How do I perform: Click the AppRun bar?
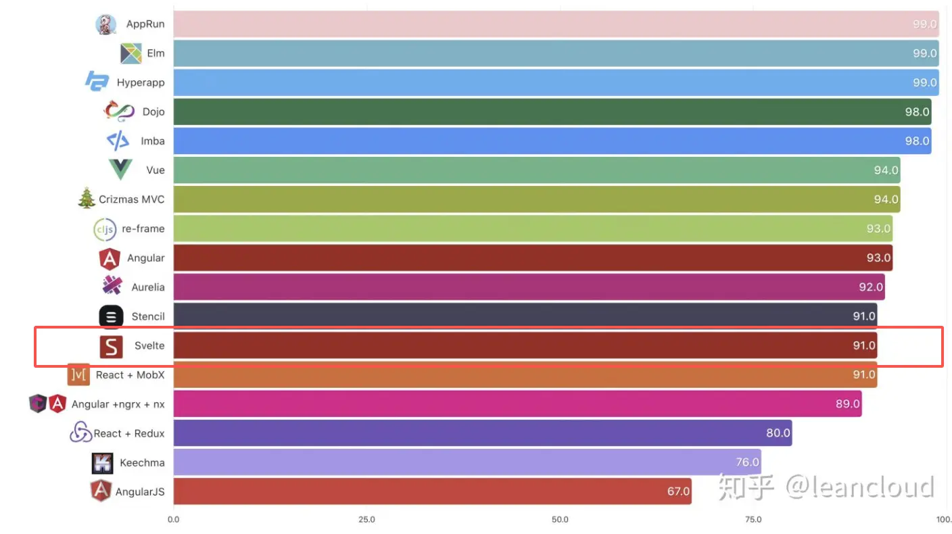(554, 24)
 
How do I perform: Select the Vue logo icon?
(120, 170)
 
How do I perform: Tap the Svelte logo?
(111, 346)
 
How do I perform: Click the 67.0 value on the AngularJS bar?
(678, 491)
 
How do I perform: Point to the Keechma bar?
(467, 462)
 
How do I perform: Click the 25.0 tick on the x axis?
(366, 520)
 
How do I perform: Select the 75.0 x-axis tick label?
(753, 520)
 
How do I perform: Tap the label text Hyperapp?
(141, 82)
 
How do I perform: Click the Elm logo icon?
(130, 53)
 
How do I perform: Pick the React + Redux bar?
(481, 433)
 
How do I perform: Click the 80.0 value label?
(778, 433)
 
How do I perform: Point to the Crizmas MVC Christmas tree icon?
(87, 199)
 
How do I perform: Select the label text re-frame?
(143, 228)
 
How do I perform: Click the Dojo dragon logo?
(120, 111)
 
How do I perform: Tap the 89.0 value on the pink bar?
(848, 404)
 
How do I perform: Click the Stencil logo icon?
(111, 316)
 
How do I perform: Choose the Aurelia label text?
(148, 287)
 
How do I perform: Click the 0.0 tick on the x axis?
(174, 520)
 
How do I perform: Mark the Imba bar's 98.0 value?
(917, 141)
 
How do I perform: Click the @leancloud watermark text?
(859, 487)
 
